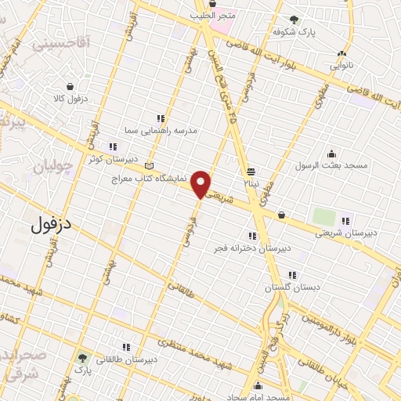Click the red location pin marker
pos(201,184)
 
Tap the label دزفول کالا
pos(69,99)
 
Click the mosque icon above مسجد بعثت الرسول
pos(331,154)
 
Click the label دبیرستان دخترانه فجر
pos(253,247)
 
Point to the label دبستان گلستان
pos(292,287)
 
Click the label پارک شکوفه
pos(294,31)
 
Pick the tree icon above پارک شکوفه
pos(294,20)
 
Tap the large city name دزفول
pos(52,226)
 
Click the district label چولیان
pos(55,166)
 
